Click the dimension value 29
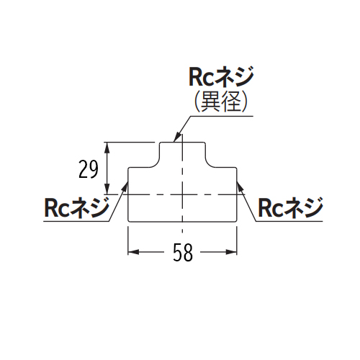click(89, 169)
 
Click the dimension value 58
click(183, 253)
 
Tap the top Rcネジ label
click(221, 76)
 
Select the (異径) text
click(221, 102)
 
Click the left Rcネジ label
click(76, 207)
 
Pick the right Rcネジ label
click(290, 207)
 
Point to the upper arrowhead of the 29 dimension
click(107, 148)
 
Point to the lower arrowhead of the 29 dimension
click(107, 189)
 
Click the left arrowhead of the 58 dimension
click(133, 252)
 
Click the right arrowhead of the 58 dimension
click(232, 252)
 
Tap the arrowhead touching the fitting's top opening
click(176, 138)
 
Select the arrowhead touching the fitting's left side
click(125, 186)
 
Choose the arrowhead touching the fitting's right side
click(240, 186)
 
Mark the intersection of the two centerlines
click(183, 194)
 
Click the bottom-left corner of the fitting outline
click(128, 222)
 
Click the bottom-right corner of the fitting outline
click(237, 222)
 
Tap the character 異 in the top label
click(210, 102)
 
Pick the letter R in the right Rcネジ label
click(264, 209)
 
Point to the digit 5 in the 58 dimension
click(178, 253)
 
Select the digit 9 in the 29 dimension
click(94, 169)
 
